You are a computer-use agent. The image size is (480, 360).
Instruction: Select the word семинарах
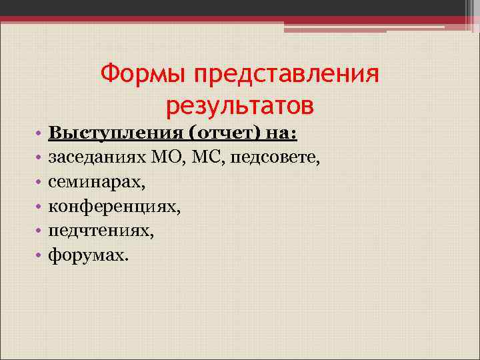[95, 181]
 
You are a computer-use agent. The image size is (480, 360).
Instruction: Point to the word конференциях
[113, 206]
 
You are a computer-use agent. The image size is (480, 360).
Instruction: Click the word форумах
[86, 255]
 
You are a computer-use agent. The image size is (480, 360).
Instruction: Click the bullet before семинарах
[40, 182]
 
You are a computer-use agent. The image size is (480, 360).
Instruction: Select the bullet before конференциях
[40, 207]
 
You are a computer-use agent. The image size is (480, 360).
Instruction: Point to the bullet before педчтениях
[40, 231]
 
